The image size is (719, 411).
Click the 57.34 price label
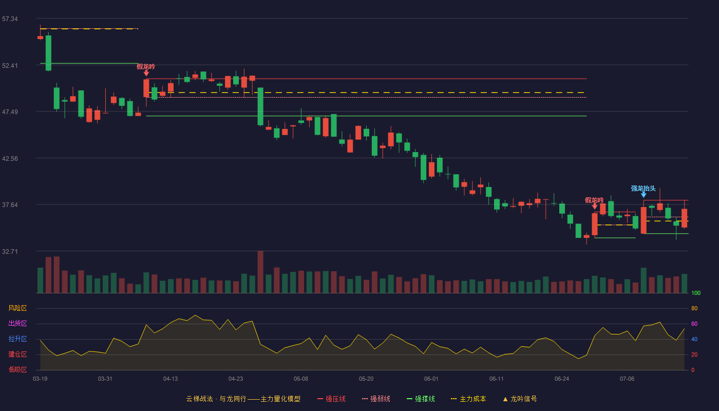(10, 19)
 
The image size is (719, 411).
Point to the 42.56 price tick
(10, 159)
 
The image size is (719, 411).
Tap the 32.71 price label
(10, 251)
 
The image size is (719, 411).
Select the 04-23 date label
(236, 379)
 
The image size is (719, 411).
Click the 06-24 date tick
(562, 379)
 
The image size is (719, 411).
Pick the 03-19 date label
(40, 379)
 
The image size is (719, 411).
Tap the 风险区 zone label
(17, 308)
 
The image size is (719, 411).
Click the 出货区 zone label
(17, 323)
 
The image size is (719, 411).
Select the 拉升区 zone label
(17, 339)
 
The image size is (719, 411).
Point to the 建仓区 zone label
(17, 354)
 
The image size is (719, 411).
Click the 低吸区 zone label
(17, 369)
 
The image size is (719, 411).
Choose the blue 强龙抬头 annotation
(643, 189)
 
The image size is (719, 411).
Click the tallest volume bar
(260, 272)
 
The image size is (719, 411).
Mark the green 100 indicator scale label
(696, 293)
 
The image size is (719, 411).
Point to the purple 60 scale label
(694, 324)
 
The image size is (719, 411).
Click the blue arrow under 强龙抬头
(644, 195)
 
